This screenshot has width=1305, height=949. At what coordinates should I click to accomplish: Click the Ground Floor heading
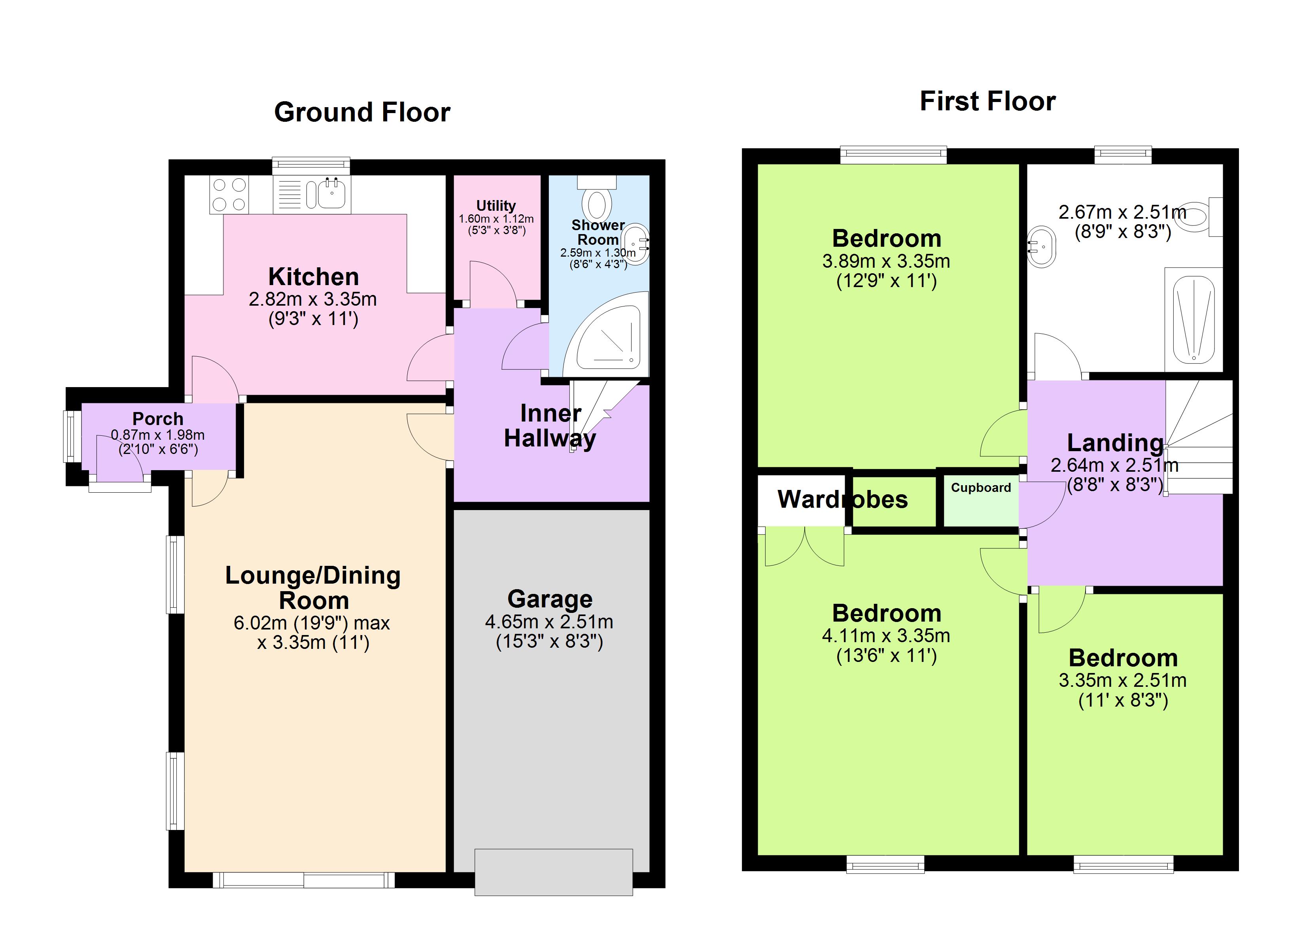coord(362,112)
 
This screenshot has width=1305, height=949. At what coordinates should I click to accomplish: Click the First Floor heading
coord(987,101)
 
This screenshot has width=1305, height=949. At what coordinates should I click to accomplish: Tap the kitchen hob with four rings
coord(229,195)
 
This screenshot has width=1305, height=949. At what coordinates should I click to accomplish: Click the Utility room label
coord(496,206)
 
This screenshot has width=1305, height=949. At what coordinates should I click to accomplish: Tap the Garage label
coord(550,599)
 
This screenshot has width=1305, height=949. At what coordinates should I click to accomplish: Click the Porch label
coord(158,418)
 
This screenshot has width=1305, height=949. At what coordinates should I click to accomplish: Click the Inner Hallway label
coord(550,426)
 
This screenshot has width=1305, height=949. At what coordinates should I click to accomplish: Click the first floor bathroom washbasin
coord(1042,248)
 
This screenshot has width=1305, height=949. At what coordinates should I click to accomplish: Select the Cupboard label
coord(980,488)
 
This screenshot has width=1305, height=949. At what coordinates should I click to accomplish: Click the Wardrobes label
coord(842,499)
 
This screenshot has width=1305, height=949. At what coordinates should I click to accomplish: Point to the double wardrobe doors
coord(804,547)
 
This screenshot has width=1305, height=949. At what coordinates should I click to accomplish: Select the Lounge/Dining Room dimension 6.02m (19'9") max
coord(311,623)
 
